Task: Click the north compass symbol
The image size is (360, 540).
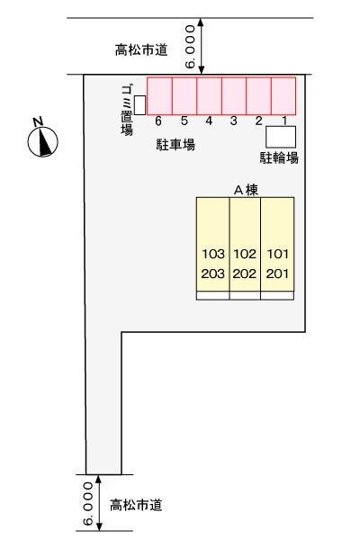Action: click(x=43, y=140)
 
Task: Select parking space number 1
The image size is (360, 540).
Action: click(x=283, y=94)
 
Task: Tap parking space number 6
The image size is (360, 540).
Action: click(x=159, y=94)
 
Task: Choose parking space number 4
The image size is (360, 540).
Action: click(x=209, y=94)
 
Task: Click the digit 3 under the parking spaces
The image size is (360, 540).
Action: click(x=233, y=121)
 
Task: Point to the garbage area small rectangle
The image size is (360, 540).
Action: click(x=139, y=104)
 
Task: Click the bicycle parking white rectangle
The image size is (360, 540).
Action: click(x=280, y=137)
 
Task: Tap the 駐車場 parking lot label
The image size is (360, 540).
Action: click(x=175, y=143)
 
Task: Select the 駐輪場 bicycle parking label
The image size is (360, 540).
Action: click(x=280, y=157)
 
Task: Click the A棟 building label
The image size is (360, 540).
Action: click(x=246, y=190)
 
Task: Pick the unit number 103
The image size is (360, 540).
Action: click(x=213, y=255)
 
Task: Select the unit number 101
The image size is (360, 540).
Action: click(x=276, y=255)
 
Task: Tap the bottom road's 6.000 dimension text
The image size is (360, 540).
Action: click(x=87, y=503)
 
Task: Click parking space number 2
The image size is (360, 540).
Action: click(x=258, y=94)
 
